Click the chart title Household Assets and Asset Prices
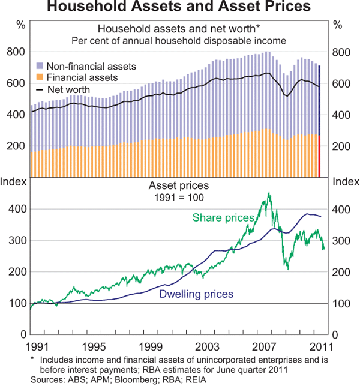click(179, 8)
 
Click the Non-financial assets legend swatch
click(40, 66)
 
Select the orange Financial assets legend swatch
click(40, 78)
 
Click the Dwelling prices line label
click(196, 294)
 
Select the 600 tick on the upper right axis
click(340, 84)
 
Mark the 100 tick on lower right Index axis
click(340, 303)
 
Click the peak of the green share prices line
click(269, 193)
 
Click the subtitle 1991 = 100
click(179, 196)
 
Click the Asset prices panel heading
click(179, 185)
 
